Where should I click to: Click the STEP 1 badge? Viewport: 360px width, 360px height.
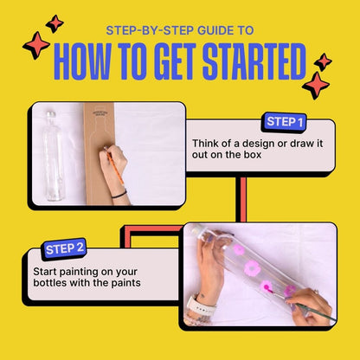[x=284, y=122]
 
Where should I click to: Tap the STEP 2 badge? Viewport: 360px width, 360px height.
[x=65, y=248]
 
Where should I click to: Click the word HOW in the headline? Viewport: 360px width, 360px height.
[x=82, y=61]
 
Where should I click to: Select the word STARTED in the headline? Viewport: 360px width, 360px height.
[x=254, y=61]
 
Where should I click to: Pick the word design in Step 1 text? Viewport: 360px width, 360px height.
[x=258, y=144]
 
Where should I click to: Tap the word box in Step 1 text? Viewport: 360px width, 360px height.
[x=252, y=155]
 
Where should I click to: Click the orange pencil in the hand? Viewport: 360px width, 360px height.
[x=114, y=166]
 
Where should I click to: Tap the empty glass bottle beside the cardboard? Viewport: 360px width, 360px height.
[x=54, y=156]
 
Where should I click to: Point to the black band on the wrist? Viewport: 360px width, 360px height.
[x=119, y=195]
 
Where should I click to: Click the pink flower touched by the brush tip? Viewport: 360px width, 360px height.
[x=267, y=286]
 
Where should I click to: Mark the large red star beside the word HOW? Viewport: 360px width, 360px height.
[x=36, y=45]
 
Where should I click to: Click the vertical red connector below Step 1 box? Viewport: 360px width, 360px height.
[x=243, y=199]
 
